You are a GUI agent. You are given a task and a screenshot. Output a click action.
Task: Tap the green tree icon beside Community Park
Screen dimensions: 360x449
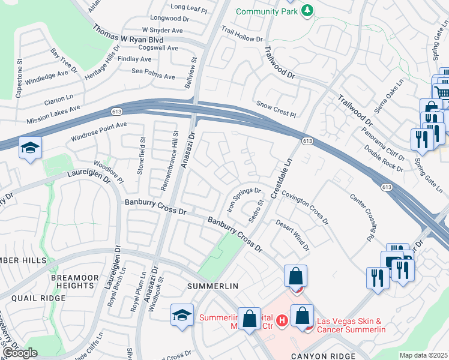307,10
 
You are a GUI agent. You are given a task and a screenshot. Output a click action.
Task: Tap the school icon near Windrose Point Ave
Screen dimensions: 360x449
30,148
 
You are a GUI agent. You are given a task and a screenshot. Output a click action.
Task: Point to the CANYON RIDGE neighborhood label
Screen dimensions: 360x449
319,356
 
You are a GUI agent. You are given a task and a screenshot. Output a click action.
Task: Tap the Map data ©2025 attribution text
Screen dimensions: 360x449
423,355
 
